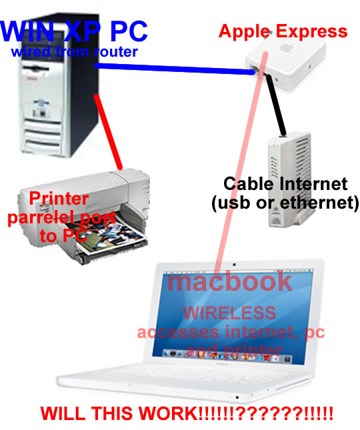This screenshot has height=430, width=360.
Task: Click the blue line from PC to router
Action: (175, 69)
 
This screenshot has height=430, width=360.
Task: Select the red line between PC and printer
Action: (108, 131)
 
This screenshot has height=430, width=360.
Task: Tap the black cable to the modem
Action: (276, 105)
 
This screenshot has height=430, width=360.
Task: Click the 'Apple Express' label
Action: (283, 31)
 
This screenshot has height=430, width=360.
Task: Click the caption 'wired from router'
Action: (74, 51)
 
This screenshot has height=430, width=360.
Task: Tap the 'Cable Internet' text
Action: (285, 183)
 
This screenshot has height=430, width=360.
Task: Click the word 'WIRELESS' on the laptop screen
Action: (229, 313)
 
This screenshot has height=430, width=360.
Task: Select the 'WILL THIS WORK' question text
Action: (187, 413)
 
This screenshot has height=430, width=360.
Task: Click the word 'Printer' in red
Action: (59, 198)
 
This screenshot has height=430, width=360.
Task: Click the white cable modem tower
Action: (289, 179)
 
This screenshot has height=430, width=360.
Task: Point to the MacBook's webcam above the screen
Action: (234, 265)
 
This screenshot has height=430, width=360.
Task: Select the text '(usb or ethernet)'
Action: (285, 203)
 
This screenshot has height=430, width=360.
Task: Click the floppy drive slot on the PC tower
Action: (35, 68)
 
